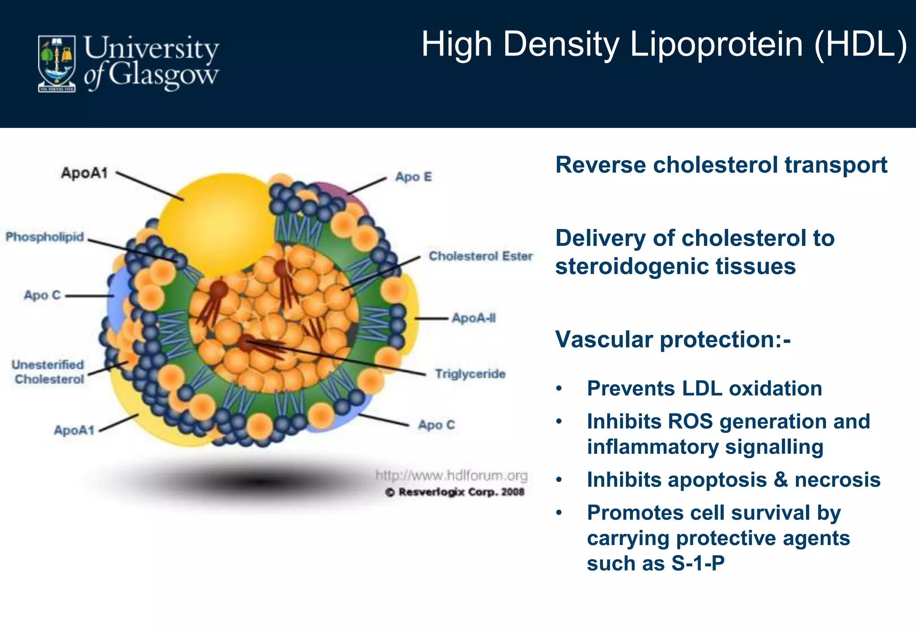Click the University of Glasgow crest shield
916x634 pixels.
point(56,63)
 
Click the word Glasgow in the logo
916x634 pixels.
point(163,76)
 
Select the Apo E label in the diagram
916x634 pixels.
point(413,177)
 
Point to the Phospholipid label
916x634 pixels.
point(44,237)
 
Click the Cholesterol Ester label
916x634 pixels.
point(480,256)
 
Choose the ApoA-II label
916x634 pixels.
point(473,318)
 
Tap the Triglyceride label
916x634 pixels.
point(470,374)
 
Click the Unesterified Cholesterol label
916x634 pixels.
point(48,372)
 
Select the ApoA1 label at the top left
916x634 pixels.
point(85,173)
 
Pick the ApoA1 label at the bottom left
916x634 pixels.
point(74,430)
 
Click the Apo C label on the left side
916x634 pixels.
point(42,295)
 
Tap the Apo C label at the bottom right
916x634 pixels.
point(436,425)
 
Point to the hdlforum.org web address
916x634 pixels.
point(451,475)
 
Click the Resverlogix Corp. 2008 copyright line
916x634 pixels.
point(454,492)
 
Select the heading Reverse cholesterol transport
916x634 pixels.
point(721,165)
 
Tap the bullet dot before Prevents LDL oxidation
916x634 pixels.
point(559,389)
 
